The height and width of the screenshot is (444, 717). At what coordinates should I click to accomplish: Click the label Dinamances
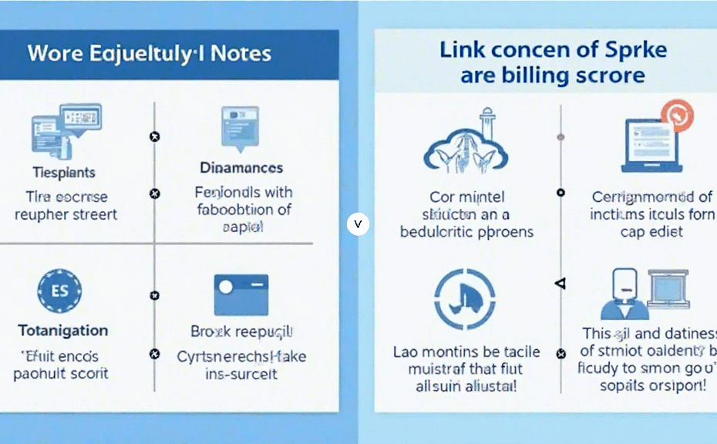pyautogui.click(x=241, y=167)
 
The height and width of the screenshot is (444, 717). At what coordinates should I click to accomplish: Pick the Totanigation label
pyautogui.click(x=63, y=331)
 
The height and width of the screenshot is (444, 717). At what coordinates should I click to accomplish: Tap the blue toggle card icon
pyautogui.click(x=241, y=294)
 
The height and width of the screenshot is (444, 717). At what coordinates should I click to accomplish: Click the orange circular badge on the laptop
pyautogui.click(x=678, y=116)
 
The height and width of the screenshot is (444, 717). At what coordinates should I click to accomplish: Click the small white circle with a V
pyautogui.click(x=358, y=224)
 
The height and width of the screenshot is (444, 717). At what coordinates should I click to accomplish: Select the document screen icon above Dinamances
pyautogui.click(x=240, y=126)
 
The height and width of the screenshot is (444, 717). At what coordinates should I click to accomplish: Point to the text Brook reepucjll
pyautogui.click(x=241, y=331)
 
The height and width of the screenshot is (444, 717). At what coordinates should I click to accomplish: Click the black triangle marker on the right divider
pyautogui.click(x=560, y=284)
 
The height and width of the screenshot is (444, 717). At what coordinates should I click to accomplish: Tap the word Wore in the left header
pyautogui.click(x=51, y=54)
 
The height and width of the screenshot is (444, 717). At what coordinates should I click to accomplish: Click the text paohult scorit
pyautogui.click(x=62, y=374)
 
